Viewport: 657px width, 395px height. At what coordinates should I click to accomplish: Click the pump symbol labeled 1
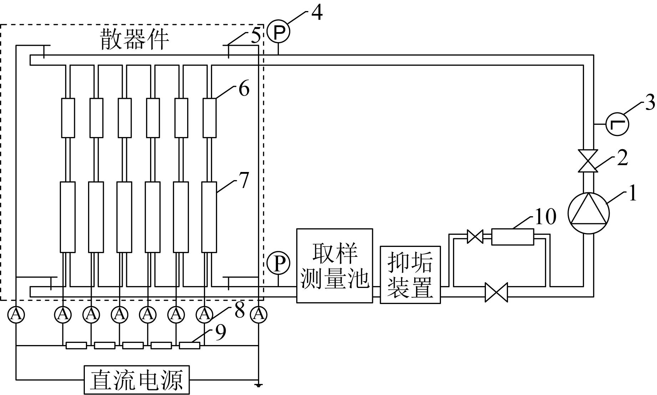click(588, 213)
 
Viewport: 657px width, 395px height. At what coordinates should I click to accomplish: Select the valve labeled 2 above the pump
click(588, 161)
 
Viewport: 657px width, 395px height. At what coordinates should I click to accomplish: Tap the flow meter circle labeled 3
click(617, 124)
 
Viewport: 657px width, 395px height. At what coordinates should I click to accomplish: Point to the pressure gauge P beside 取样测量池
click(278, 263)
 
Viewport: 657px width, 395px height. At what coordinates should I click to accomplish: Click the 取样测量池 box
click(334, 266)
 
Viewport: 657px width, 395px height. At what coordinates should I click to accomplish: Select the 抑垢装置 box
click(410, 274)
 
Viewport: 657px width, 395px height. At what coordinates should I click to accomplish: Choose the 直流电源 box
click(137, 380)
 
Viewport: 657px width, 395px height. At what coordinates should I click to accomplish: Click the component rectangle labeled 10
click(513, 237)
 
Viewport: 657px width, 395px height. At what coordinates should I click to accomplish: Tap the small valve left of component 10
click(475, 237)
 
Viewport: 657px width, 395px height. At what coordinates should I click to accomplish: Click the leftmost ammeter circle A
click(16, 314)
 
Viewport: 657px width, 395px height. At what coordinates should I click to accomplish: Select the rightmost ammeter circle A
click(259, 314)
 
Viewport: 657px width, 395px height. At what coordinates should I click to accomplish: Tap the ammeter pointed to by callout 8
click(204, 314)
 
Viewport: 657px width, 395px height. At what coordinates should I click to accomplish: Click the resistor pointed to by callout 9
click(189, 345)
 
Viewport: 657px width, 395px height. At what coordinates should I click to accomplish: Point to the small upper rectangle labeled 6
click(210, 118)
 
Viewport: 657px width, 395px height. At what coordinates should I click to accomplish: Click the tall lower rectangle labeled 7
click(209, 217)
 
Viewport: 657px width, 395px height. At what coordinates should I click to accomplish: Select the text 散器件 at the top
click(134, 39)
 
